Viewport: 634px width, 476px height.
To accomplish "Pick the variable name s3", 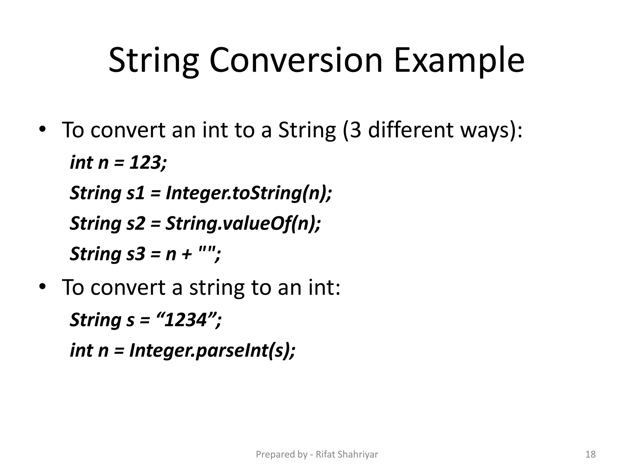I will tap(136, 254).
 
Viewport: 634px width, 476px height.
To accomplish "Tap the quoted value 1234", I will tap(185, 320).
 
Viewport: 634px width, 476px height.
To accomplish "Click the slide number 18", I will tap(590, 454).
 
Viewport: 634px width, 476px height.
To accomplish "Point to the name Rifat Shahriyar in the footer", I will tap(347, 454).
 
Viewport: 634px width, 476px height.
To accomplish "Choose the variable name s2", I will tap(136, 223).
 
